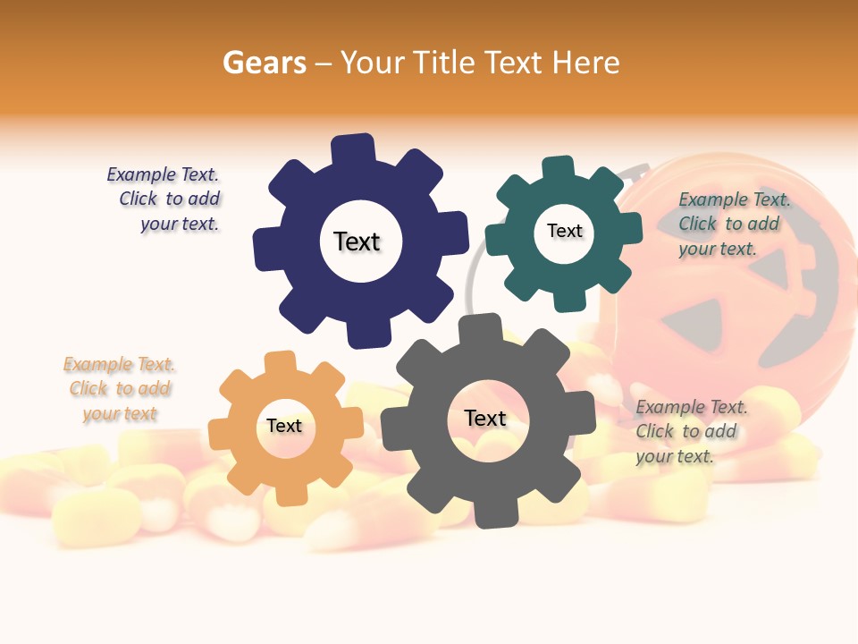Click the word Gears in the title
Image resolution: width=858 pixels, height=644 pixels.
tap(264, 63)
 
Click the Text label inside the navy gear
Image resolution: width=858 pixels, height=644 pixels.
tap(357, 241)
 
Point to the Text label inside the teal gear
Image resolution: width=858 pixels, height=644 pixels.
tap(564, 231)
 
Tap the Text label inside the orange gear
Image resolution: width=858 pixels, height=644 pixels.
tap(284, 426)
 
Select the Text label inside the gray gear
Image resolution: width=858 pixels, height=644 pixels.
tap(485, 418)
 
